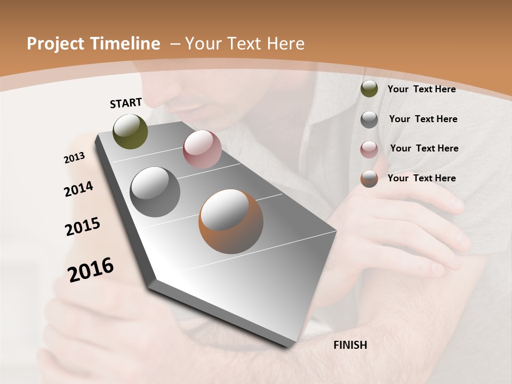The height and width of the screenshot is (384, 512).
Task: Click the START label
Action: tap(126, 103)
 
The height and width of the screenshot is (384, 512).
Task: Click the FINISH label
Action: tap(350, 345)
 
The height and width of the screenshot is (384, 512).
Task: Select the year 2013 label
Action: tap(74, 158)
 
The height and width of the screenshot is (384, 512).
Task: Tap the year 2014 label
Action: tap(78, 189)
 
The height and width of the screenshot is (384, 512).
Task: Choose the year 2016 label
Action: tap(91, 270)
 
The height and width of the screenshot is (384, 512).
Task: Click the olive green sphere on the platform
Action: tap(131, 131)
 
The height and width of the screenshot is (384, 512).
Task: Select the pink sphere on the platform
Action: tap(202, 149)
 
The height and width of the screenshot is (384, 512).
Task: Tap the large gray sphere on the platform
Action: tap(155, 192)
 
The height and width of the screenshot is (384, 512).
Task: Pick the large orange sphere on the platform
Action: tap(231, 221)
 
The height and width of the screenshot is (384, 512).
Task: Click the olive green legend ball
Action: tap(369, 89)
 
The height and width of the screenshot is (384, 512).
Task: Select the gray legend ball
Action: tap(369, 119)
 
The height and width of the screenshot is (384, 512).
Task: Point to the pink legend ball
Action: tap(369, 149)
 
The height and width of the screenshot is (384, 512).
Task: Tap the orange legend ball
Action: tap(369, 179)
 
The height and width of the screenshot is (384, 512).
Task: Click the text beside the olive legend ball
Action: tap(421, 89)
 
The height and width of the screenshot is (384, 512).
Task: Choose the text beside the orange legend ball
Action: tap(421, 178)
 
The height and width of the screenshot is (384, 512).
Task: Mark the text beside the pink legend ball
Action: tap(424, 148)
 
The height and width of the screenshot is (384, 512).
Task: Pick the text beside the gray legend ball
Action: tap(423, 119)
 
